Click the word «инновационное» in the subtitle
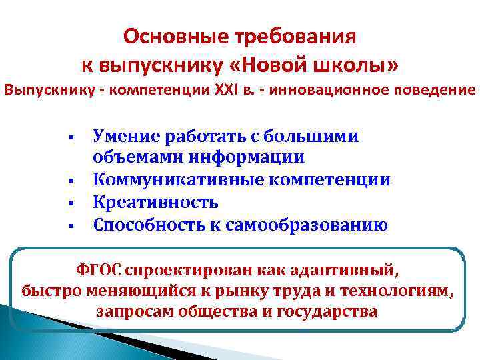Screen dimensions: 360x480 pos(344,89)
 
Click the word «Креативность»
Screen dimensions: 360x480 pos(156,202)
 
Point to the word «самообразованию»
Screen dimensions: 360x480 pos(309,224)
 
